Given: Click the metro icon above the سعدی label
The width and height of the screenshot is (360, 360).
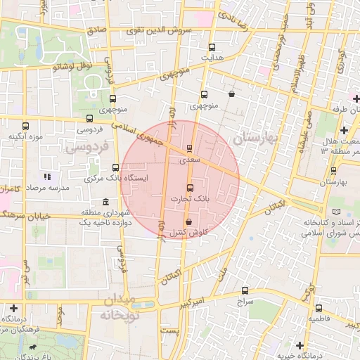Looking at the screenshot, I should [189, 149].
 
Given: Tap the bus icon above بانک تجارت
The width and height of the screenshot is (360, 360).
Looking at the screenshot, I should [189, 188].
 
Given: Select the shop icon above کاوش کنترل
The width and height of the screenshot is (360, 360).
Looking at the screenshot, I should [188, 221].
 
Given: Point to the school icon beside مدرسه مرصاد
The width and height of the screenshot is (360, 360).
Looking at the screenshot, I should [47, 176].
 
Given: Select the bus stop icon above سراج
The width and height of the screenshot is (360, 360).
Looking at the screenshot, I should [245, 290].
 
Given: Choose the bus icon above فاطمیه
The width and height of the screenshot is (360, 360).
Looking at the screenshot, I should [319, 307].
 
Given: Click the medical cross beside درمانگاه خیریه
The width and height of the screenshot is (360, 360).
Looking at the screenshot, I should [300, 345].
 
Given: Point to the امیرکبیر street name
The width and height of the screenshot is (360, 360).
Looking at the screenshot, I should [207, 301].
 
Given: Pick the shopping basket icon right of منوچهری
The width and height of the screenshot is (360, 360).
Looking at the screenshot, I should [231, 94].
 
